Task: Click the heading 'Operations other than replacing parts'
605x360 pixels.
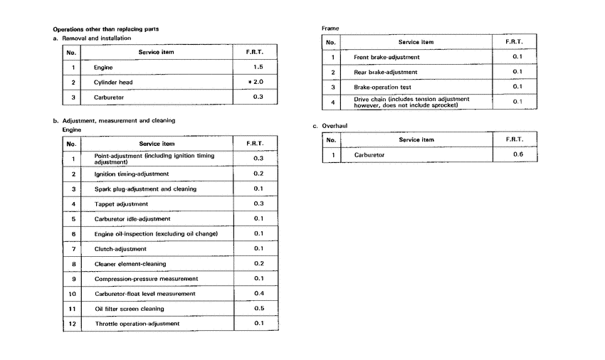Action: (x=106, y=29)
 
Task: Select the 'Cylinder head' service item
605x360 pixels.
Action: (x=113, y=82)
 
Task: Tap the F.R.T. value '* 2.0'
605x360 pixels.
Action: (x=258, y=82)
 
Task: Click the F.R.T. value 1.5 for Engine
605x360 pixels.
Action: (x=258, y=67)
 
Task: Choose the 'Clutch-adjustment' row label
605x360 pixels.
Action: (x=120, y=249)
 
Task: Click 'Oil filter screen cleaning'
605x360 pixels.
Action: (x=129, y=309)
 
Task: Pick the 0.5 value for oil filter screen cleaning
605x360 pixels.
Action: (x=258, y=308)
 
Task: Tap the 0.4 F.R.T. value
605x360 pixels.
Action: (x=258, y=293)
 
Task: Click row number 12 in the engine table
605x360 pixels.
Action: (x=72, y=324)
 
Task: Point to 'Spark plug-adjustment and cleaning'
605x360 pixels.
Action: (x=145, y=189)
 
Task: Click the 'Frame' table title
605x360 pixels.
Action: (x=331, y=28)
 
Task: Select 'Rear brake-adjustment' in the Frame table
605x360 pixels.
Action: (x=385, y=72)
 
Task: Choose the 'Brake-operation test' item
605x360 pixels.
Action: (x=384, y=87)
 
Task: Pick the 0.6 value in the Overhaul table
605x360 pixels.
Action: (x=518, y=154)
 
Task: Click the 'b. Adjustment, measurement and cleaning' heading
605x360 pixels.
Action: (x=114, y=121)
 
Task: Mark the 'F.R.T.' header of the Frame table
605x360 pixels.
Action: (x=515, y=42)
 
